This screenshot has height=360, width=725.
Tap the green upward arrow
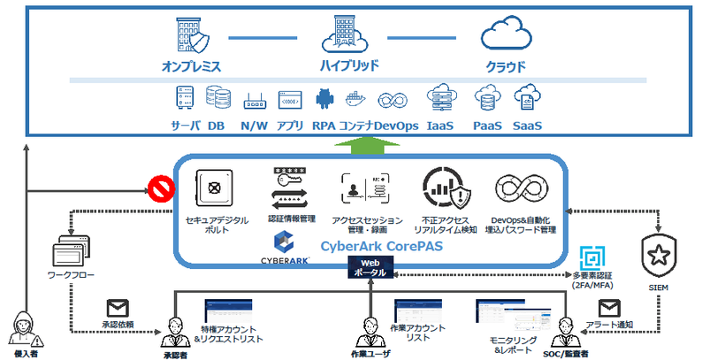(364, 144)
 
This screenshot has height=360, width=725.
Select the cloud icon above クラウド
(505, 36)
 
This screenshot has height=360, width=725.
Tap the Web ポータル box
(370, 267)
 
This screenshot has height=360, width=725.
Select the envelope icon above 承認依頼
(118, 308)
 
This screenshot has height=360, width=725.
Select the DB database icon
(216, 97)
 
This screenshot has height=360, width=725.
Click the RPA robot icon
(322, 98)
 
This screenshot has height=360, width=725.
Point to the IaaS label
(439, 126)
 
